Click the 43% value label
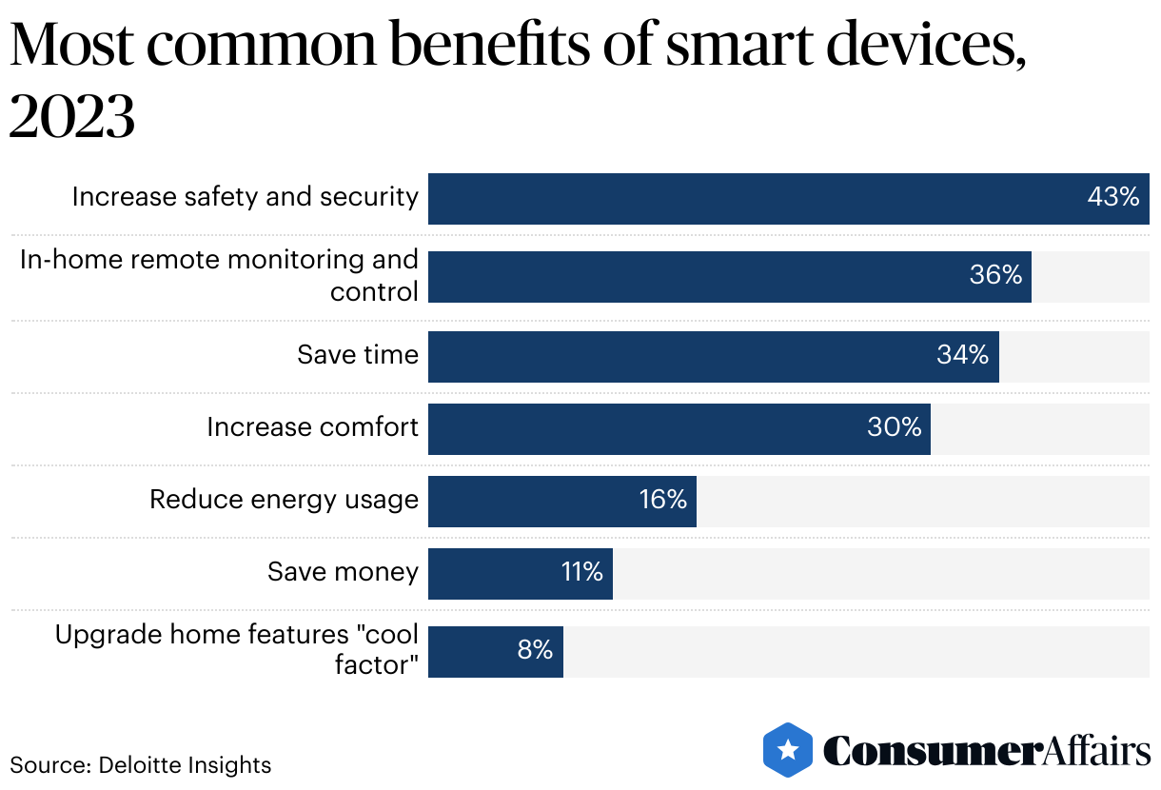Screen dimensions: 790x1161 1112,197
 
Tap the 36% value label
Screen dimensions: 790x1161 995,275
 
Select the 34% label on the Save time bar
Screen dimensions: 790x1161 962,355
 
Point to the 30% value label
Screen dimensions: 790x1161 894,427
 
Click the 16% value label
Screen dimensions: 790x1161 662,500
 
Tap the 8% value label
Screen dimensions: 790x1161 535,650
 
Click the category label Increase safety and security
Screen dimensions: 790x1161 246,197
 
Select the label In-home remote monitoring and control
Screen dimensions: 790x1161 220,275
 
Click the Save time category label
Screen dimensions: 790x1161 358,355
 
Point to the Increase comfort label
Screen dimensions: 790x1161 312,427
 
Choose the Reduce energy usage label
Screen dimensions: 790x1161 284,500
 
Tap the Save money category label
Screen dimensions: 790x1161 343,572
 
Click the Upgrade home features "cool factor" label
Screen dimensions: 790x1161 237,650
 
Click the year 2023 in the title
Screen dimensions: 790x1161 72,118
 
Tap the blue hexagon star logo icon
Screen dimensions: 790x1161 788,750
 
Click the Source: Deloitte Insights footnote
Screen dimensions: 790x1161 141,764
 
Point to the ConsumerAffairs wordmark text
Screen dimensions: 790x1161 987,750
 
